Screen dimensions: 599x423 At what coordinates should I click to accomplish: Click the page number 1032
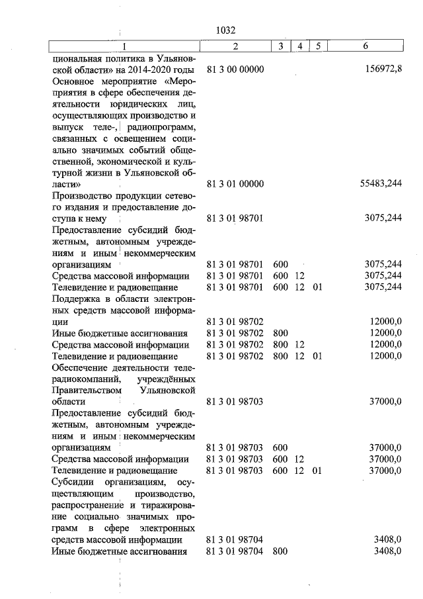(x=226, y=30)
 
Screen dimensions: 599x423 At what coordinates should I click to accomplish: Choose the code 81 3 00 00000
(x=235, y=69)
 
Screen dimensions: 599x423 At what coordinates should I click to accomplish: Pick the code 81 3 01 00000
(x=235, y=184)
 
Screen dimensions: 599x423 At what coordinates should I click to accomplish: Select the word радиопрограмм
(x=159, y=127)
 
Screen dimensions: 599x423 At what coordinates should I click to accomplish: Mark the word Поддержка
(x=75, y=299)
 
